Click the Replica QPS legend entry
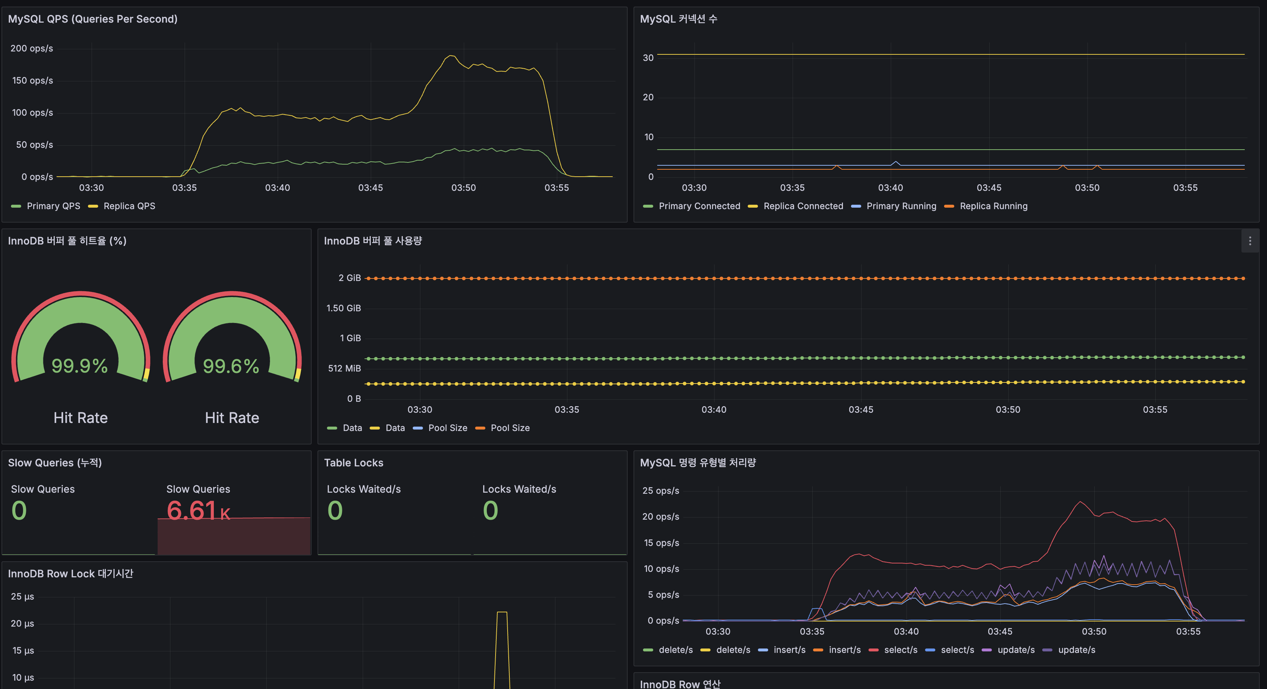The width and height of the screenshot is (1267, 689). click(129, 206)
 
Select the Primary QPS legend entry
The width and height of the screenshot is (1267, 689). click(53, 206)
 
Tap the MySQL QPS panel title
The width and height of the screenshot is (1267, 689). click(92, 19)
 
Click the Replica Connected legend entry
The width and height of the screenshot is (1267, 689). click(803, 206)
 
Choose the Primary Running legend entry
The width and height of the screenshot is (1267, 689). click(901, 206)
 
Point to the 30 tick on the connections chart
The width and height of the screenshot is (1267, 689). click(648, 58)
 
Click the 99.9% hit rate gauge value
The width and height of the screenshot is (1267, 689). click(80, 366)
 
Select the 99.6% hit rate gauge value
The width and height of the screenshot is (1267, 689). click(231, 366)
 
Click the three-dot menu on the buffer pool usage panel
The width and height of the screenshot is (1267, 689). click(1250, 241)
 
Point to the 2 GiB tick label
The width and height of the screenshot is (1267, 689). click(349, 278)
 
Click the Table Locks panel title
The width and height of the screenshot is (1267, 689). click(353, 463)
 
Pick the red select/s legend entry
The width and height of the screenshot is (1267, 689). click(900, 650)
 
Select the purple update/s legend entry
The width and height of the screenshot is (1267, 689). click(1015, 650)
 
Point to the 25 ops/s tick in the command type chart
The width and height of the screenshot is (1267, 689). click(660, 490)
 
